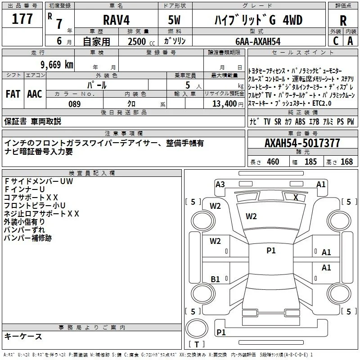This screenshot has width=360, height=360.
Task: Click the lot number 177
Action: click(22, 19)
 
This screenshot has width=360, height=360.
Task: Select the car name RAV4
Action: click(116, 20)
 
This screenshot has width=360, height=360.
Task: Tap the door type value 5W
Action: click(174, 20)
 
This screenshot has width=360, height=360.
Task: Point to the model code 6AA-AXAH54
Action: click(258, 41)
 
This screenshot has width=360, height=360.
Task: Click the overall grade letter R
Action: click(343, 21)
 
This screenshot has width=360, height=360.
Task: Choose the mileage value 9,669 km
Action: click(57, 65)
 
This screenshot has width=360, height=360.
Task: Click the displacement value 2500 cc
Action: click(141, 41)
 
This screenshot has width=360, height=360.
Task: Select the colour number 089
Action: click(74, 104)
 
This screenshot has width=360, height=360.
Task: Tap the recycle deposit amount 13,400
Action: click(224, 104)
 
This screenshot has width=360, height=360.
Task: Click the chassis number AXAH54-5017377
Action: click(302, 143)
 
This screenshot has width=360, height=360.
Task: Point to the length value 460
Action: click(273, 162)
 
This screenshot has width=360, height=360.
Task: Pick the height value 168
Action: click(346, 162)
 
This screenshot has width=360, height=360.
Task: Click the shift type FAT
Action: click(13, 94)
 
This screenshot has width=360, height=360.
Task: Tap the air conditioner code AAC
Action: click(35, 94)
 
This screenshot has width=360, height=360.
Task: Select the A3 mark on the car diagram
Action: click(220, 184)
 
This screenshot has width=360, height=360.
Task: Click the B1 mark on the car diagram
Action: click(215, 279)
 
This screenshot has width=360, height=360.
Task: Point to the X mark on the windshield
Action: click(296, 198)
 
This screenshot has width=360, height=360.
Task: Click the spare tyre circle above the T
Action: click(197, 328)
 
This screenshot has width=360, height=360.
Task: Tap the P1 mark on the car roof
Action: click(271, 250)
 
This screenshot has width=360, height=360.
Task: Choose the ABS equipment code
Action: click(300, 121)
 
